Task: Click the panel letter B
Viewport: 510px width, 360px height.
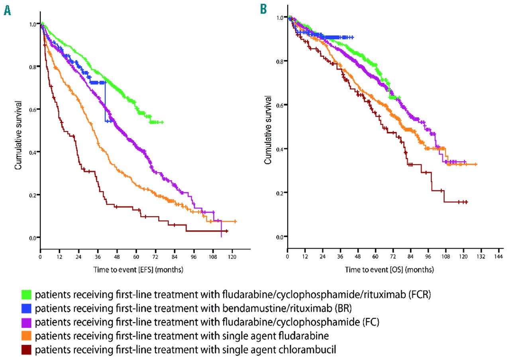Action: pyautogui.click(x=263, y=9)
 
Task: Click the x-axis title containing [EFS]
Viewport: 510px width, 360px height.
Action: pyautogui.click(x=138, y=270)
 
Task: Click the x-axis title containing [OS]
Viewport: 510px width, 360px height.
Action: pyautogui.click(x=390, y=270)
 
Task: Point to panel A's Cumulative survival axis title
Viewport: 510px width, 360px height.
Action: pyautogui.click(x=18, y=131)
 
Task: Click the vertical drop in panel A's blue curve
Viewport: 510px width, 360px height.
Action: pyautogui.click(x=105, y=101)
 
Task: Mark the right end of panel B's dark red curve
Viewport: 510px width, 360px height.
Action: pyautogui.click(x=466, y=202)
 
